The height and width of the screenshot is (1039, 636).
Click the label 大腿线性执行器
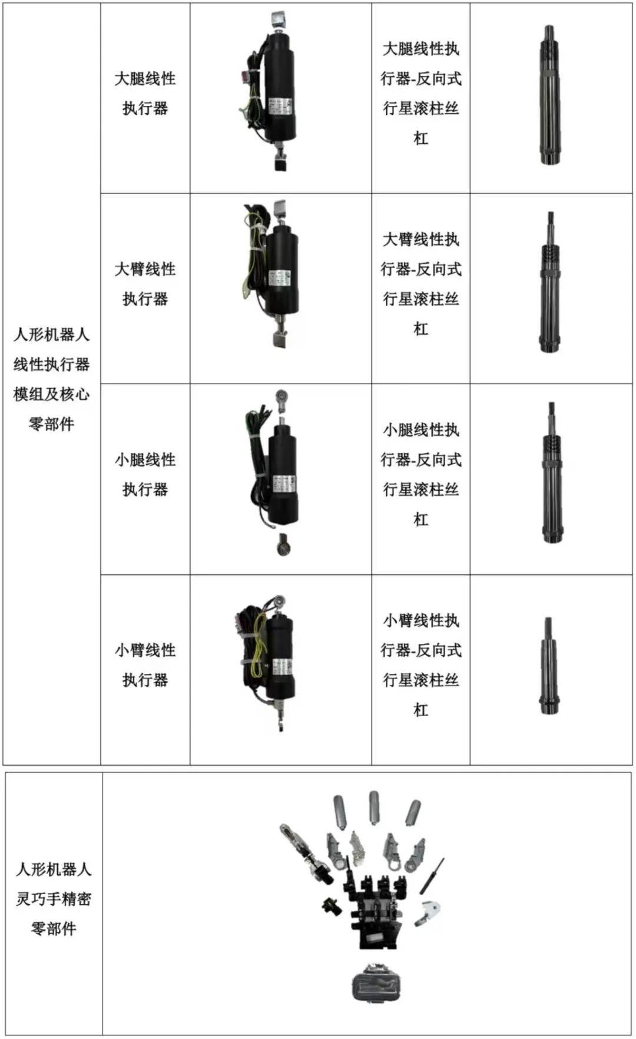click(145, 93)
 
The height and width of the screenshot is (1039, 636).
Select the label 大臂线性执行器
click(145, 284)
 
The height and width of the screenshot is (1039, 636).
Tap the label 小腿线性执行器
click(145, 474)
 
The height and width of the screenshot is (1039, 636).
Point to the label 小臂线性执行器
click(145, 665)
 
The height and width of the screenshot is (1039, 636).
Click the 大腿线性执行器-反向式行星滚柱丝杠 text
click(420, 93)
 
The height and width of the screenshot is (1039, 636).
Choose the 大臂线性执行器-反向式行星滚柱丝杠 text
click(420, 284)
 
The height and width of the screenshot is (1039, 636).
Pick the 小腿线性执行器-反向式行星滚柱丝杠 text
click(420, 474)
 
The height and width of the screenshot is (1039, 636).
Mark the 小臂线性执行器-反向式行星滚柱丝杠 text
click(420, 665)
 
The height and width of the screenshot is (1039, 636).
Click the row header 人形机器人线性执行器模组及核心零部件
click(52, 379)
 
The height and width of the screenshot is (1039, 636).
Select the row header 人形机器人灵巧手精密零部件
click(54, 899)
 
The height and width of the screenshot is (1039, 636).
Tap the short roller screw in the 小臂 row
click(549, 666)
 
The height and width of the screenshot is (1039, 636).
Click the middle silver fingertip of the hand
click(373, 806)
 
